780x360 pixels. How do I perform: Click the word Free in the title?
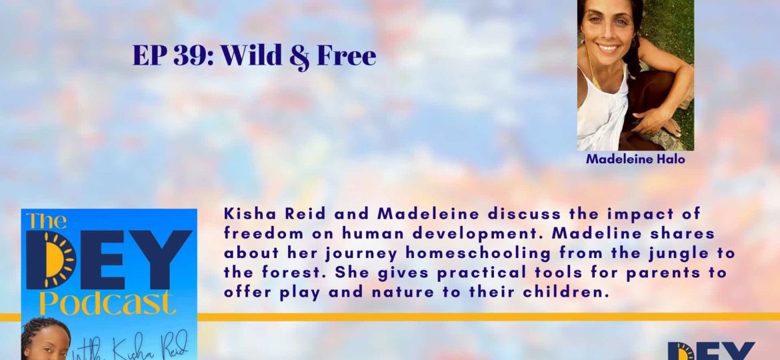[346, 57]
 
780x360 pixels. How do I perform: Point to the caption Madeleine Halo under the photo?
[635, 160]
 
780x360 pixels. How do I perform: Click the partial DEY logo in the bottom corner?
[711, 351]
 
